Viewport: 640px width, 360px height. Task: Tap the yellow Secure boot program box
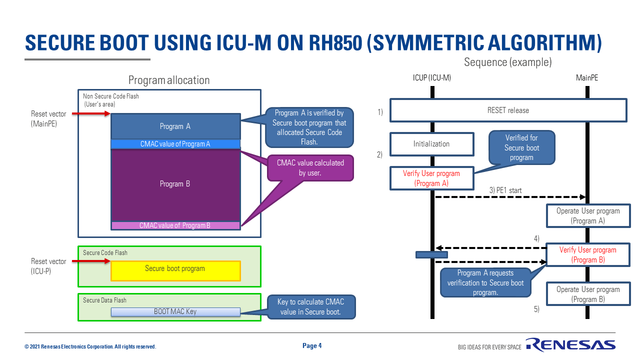point(175,270)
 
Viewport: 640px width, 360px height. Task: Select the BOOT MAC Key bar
point(175,311)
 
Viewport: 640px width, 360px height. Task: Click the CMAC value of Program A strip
point(175,144)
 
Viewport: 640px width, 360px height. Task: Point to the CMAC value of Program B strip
point(175,225)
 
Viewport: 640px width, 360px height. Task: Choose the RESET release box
point(508,110)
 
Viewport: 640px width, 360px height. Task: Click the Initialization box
point(431,144)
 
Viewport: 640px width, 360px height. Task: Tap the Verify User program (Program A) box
point(431,178)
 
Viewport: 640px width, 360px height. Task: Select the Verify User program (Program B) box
point(588,255)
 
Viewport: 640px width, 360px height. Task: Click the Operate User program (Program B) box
point(588,294)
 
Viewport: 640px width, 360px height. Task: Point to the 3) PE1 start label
point(505,190)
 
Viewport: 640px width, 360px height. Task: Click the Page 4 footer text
point(312,345)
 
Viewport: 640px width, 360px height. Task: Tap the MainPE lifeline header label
point(587,77)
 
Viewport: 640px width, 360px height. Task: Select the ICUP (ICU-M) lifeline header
point(432,77)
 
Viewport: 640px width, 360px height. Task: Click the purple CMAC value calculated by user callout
point(310,167)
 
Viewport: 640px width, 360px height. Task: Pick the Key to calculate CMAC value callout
point(310,306)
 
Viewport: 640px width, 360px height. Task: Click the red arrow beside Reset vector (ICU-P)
point(91,261)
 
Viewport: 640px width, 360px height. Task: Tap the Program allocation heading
point(169,80)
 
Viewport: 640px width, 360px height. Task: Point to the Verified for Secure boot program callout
point(521,147)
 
